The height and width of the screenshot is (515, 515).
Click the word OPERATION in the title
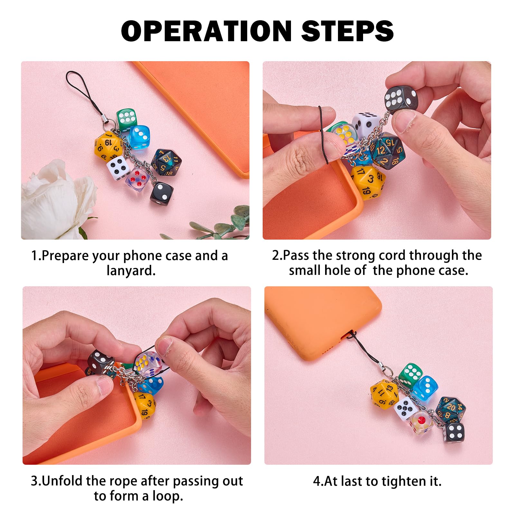click(206, 31)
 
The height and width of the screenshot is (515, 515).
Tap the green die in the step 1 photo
click(127, 120)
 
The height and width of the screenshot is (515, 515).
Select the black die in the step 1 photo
click(161, 192)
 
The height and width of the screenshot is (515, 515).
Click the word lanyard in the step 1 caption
click(131, 270)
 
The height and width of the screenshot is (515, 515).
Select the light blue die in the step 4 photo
click(425, 388)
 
